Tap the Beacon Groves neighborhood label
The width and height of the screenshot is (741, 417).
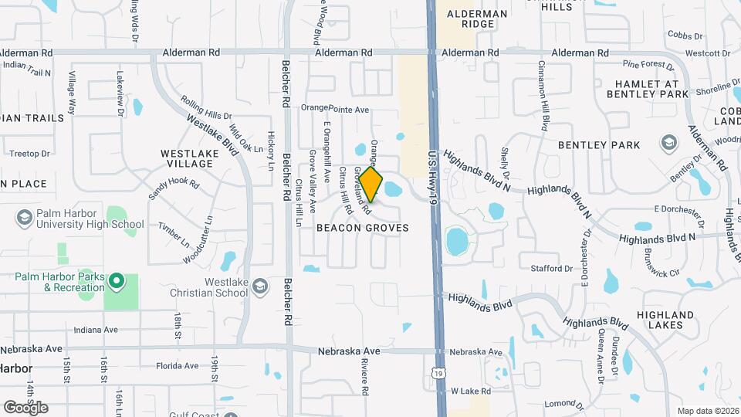click(362, 229)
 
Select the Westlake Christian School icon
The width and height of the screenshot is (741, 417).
click(260, 287)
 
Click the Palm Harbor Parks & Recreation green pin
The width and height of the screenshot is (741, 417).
click(117, 281)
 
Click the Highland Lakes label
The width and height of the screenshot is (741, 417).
click(665, 320)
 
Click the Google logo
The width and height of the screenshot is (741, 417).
click(25, 407)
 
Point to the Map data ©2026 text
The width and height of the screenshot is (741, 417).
click(707, 411)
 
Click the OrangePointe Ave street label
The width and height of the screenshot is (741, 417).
click(335, 108)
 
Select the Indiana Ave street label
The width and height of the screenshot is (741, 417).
click(96, 330)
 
